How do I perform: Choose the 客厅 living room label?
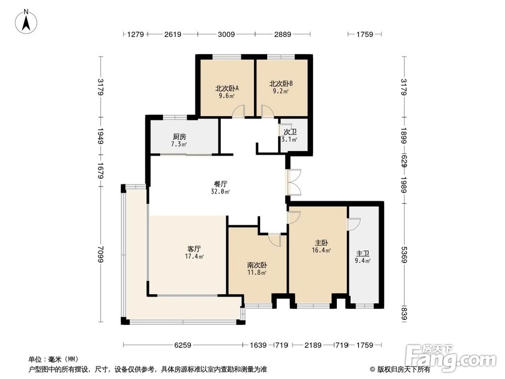(x=194, y=249)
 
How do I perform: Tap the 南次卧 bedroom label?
(x=257, y=265)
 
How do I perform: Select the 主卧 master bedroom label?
(x=321, y=242)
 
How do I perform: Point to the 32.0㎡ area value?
(x=221, y=192)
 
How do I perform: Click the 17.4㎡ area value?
(x=195, y=257)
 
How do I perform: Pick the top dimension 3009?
(x=226, y=35)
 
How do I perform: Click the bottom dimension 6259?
(x=183, y=345)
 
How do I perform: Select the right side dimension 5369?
(x=403, y=253)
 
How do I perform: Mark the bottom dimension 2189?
(x=313, y=345)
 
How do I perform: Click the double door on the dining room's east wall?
(x=294, y=182)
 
